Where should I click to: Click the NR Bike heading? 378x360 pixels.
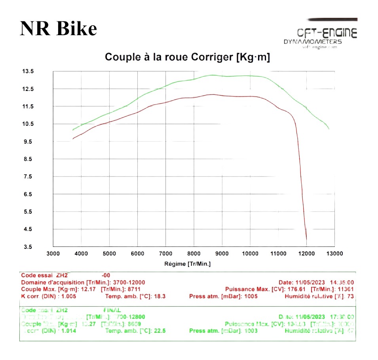58,28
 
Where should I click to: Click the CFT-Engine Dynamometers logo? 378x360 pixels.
321,36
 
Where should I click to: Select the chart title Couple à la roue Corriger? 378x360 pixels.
187,57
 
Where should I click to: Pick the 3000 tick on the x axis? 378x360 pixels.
53,254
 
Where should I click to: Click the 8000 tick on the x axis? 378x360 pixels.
194,254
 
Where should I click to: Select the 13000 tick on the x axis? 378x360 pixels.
334,254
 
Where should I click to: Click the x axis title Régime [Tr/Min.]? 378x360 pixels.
187,264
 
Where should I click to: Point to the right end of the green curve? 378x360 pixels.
329,129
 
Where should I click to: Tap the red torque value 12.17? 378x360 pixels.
89,289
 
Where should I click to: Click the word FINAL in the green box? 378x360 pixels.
112,310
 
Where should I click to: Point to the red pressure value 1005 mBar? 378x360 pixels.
251,296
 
